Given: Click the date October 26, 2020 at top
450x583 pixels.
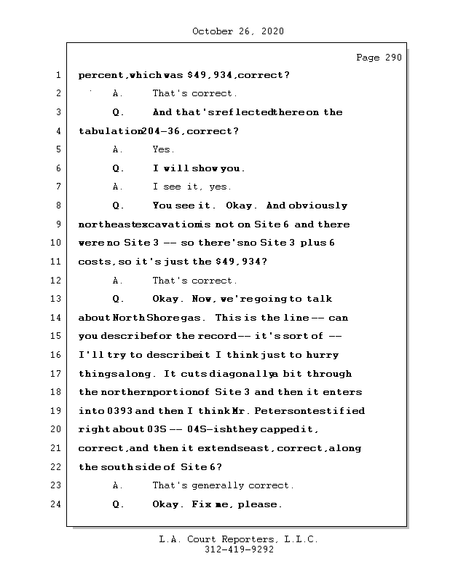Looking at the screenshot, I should pos(237,31).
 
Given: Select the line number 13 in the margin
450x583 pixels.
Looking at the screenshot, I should pos(58,299).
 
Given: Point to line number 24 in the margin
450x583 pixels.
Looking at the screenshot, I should pos(58,504).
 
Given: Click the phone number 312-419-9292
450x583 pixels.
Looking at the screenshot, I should pos(239,550).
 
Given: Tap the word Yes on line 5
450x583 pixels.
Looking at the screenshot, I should pos(163,149).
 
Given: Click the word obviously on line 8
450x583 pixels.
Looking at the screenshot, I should pos(319,206).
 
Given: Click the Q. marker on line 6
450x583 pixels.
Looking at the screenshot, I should pos(119,168).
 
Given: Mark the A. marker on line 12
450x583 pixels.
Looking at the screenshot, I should pos(119,281).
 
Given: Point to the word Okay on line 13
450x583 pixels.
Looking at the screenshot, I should pos(168,299).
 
